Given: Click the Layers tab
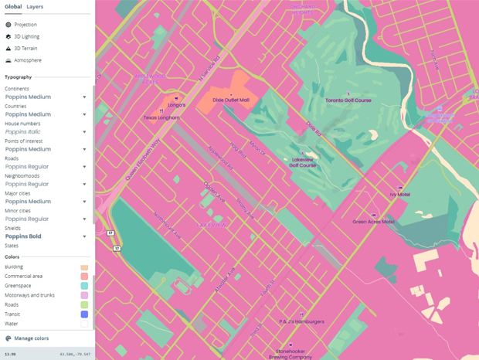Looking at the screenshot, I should point(35,6).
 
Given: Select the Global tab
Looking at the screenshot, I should point(13,6).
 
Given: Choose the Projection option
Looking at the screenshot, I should point(25,25).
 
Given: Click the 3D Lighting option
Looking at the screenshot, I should point(26,36).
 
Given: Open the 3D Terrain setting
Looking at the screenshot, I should point(25,48).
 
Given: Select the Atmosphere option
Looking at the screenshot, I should point(27,60).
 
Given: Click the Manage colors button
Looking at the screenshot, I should point(31,338).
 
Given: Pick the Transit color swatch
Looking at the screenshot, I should point(84,314).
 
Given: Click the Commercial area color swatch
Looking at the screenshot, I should point(84,277).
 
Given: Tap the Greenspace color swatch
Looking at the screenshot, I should point(84,286).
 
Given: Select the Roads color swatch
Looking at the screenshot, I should point(84,304).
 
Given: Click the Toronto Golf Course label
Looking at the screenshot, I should point(348,100).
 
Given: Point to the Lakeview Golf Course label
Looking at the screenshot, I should point(304,162).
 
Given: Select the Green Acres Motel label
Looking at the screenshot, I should point(373,222).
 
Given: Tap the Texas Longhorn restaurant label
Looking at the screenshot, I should point(161,118).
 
